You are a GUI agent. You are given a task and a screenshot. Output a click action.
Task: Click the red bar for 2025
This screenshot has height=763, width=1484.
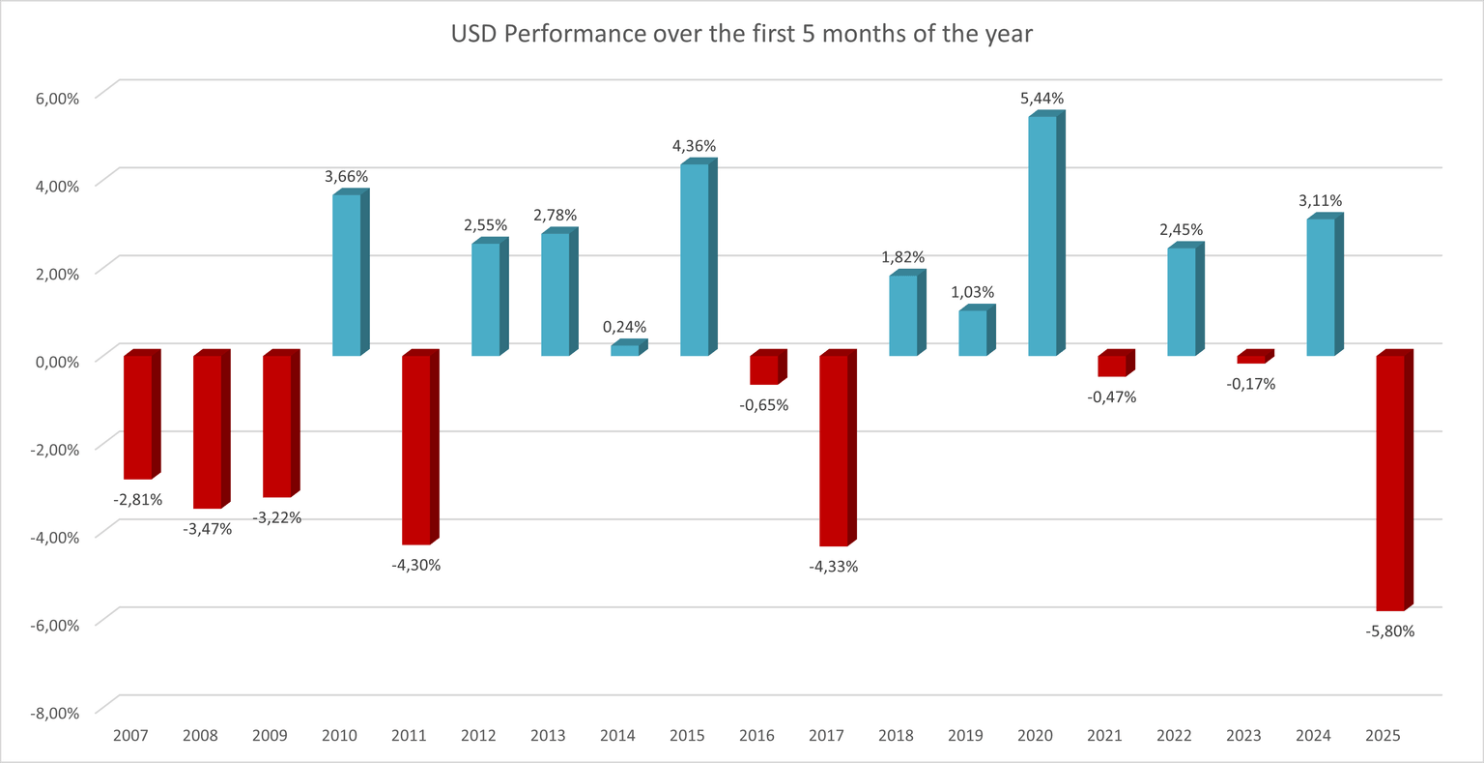click(1389, 484)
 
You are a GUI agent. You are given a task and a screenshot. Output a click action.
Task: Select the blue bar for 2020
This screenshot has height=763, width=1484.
click(1042, 236)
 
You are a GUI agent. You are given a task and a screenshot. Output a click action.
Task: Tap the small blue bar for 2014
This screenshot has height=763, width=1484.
click(624, 350)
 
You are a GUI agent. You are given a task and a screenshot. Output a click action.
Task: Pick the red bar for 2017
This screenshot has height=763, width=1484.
click(833, 450)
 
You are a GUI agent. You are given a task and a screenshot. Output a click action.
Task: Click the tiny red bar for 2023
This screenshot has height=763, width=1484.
click(1250, 359)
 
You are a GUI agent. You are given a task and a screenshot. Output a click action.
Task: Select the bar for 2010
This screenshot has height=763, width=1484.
click(346, 276)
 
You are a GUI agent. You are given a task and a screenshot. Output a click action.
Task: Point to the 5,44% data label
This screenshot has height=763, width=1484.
click(1042, 99)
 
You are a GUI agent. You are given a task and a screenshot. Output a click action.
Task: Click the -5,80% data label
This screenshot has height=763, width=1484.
click(1390, 631)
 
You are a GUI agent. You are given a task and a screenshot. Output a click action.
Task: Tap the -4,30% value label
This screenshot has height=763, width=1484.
click(416, 565)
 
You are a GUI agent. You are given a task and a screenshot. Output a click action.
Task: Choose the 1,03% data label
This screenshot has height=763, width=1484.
click(973, 292)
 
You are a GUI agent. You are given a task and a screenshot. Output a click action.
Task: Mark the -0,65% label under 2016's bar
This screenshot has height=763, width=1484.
click(764, 405)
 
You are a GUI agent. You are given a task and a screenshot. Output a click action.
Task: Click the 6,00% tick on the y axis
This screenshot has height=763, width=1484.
click(57, 98)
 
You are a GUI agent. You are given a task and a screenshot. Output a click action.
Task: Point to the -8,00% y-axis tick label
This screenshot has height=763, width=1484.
click(55, 713)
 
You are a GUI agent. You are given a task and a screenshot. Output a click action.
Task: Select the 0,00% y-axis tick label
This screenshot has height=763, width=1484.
click(57, 362)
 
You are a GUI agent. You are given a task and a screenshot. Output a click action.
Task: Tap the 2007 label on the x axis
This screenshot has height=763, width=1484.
click(130, 736)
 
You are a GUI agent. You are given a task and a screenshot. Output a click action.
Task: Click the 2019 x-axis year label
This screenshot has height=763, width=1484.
click(965, 736)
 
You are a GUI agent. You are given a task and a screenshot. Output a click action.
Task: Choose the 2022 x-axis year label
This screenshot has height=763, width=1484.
click(1174, 736)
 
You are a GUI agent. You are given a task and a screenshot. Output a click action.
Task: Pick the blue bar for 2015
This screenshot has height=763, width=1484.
click(694, 259)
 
